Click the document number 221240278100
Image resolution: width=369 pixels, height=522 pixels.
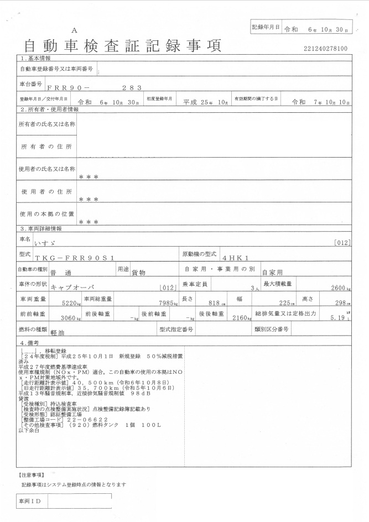326,49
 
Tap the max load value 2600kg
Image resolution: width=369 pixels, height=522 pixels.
339,288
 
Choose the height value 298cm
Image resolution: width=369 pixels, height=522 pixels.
342,304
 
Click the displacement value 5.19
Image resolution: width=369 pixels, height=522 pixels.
337,319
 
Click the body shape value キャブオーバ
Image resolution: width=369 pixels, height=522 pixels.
72,288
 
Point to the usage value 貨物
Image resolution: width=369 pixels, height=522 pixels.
138,273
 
